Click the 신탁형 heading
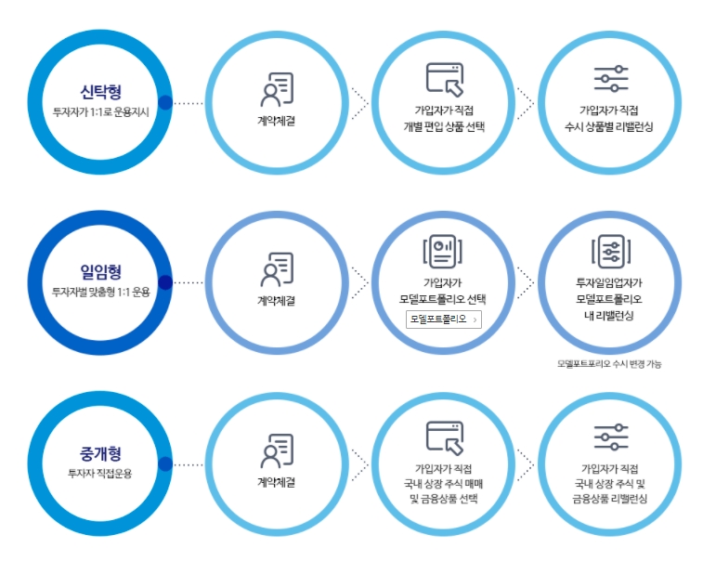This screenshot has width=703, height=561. click(x=100, y=92)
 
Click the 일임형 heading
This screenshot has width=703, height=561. click(x=100, y=272)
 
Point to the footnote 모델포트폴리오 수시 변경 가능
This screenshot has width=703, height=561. click(x=609, y=363)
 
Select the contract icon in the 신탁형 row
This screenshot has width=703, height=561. click(x=276, y=89)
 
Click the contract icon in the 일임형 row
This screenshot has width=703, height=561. click(x=276, y=269)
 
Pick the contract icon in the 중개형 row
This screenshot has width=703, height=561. click(x=276, y=450)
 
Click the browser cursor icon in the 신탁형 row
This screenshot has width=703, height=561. click(x=444, y=80)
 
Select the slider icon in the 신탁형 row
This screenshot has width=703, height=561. click(x=611, y=80)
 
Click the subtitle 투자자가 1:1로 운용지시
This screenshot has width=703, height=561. click(x=100, y=111)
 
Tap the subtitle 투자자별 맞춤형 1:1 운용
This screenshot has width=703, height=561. click(x=100, y=292)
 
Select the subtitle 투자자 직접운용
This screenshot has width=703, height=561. click(x=100, y=473)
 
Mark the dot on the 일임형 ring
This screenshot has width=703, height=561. click(x=165, y=282)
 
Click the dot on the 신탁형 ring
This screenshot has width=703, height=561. click(x=165, y=102)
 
